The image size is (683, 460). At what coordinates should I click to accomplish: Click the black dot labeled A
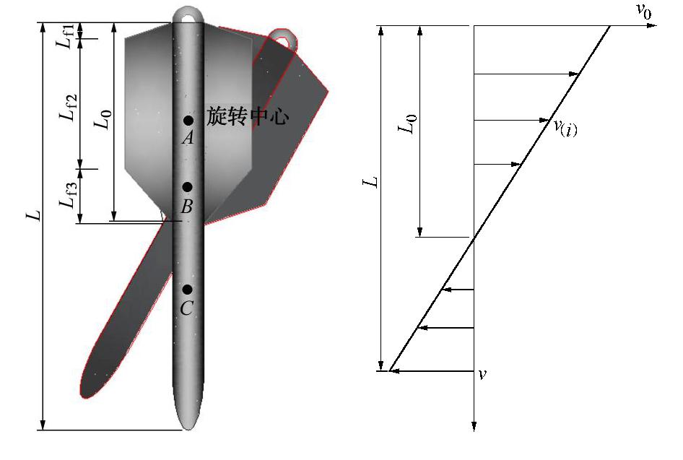[188, 120]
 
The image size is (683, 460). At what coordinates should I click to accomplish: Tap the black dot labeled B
[187, 187]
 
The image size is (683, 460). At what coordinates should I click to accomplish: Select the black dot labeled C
[187, 290]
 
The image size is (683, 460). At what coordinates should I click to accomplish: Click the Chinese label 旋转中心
[248, 116]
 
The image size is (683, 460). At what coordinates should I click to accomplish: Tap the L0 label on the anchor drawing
[104, 119]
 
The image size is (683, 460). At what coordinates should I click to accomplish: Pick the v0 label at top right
[644, 10]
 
